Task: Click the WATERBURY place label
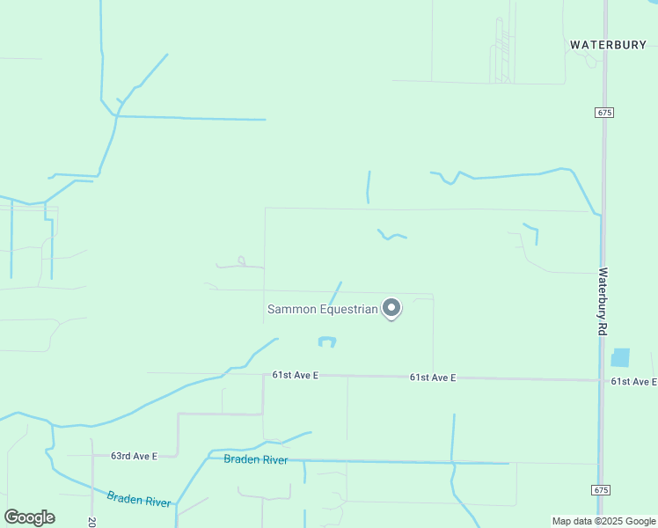(608, 44)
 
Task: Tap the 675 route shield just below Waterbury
(603, 113)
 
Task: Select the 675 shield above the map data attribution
(602, 489)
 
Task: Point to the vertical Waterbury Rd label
(603, 300)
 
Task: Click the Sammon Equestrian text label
(322, 309)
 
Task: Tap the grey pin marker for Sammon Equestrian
(391, 308)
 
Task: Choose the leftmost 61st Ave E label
(295, 375)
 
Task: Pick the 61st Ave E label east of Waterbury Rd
(634, 381)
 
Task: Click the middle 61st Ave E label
(432, 378)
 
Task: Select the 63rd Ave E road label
(134, 456)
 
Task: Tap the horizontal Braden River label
(255, 459)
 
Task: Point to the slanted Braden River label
(139, 499)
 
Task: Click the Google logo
(29, 517)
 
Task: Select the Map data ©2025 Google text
(603, 521)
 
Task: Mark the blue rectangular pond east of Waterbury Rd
(620, 357)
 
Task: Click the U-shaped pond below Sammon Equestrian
(326, 341)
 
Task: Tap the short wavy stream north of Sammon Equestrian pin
(391, 235)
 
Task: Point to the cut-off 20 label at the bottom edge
(91, 521)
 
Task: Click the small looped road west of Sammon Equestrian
(242, 261)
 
